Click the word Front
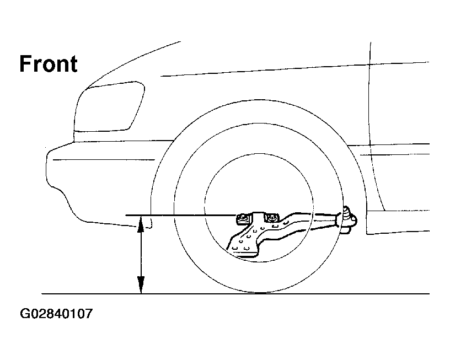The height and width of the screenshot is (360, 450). coord(49,64)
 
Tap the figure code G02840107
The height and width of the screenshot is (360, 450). coord(56,315)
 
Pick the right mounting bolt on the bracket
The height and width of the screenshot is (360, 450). coord(271,218)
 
